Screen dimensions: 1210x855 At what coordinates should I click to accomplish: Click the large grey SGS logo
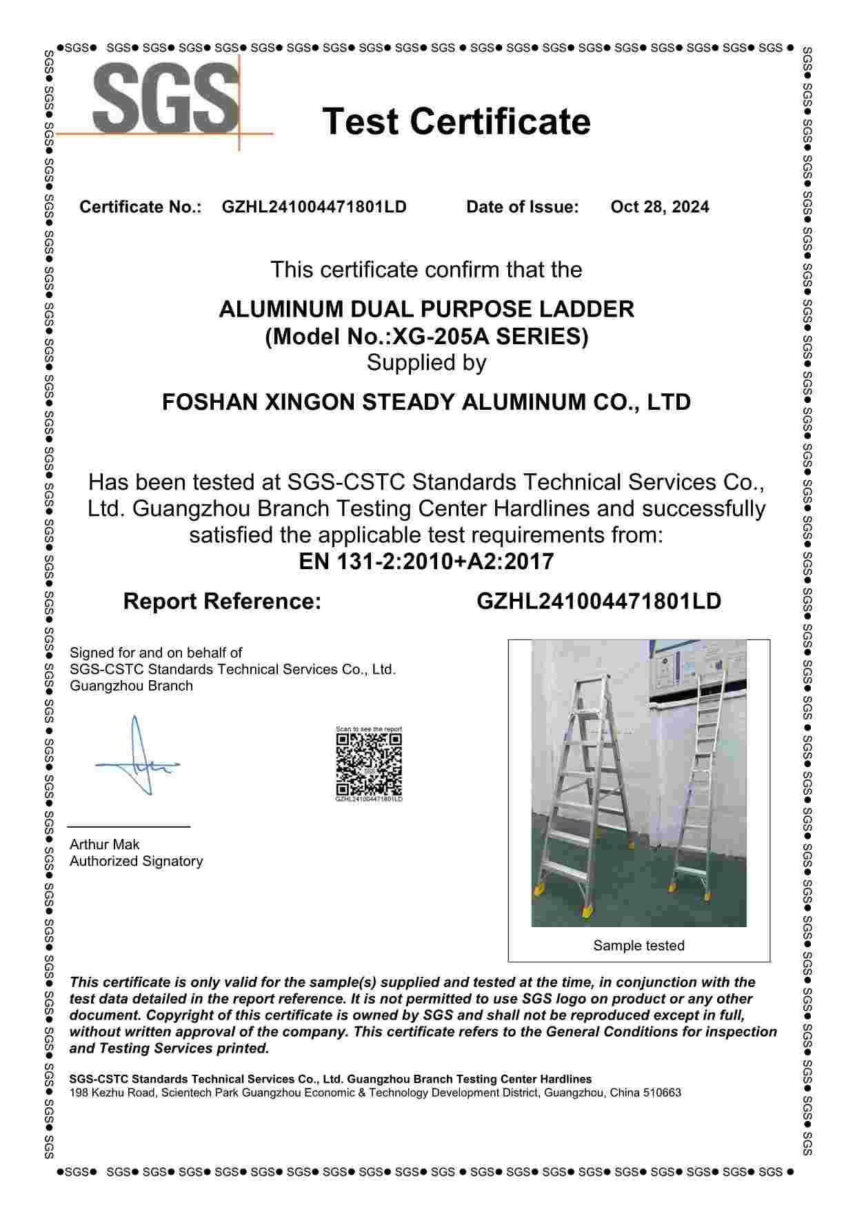(x=165, y=98)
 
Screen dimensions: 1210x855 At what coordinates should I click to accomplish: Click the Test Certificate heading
(x=456, y=121)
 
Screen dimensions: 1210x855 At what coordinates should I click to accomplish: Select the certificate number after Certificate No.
(x=314, y=207)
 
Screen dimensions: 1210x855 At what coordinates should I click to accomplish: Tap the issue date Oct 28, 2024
(x=659, y=207)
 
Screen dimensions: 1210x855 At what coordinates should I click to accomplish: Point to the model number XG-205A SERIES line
(x=427, y=337)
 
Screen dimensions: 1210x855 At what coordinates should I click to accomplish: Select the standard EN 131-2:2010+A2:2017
(x=426, y=562)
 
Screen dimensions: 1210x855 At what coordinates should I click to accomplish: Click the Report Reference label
(x=222, y=602)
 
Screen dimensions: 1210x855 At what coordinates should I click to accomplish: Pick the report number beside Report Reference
(x=598, y=602)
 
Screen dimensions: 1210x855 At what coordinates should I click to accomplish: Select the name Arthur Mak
(x=104, y=844)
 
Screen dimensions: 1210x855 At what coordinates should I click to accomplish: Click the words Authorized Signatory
(x=136, y=861)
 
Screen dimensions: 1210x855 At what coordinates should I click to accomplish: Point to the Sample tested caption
(x=638, y=946)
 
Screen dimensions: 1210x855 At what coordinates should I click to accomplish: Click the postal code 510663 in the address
(x=662, y=1093)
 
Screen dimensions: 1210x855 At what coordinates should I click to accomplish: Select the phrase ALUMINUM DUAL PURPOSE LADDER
(x=426, y=309)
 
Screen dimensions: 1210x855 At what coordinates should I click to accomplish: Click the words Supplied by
(x=426, y=363)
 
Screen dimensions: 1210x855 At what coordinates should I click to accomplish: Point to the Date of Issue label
(x=522, y=207)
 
